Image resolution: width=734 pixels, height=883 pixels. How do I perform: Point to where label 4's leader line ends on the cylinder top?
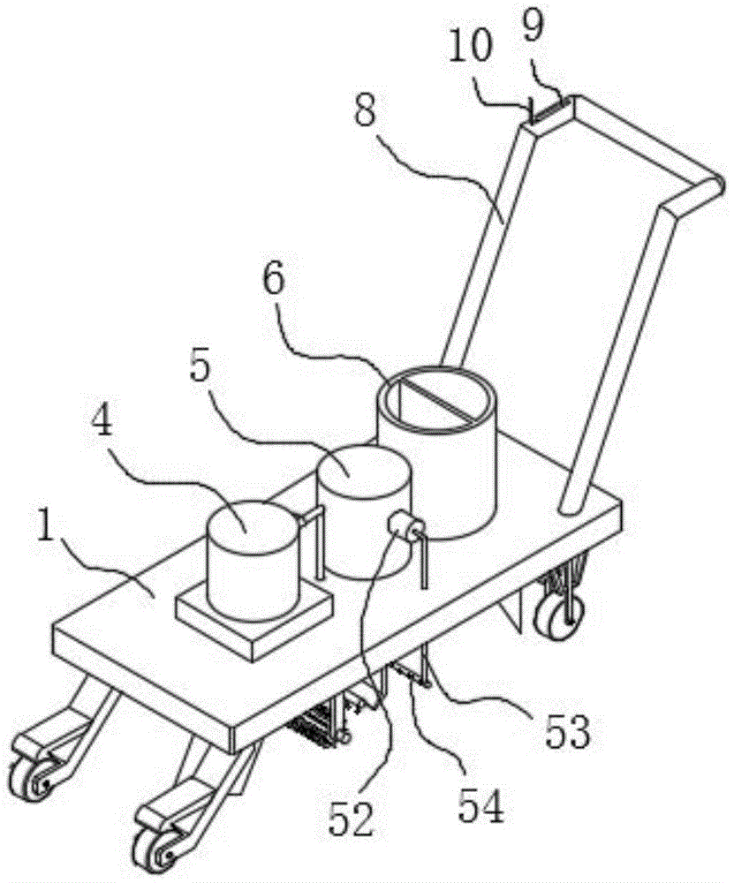(245, 532)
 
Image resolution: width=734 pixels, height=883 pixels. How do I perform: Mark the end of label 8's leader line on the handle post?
(503, 223)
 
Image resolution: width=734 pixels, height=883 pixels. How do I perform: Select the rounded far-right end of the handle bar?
(716, 185)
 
